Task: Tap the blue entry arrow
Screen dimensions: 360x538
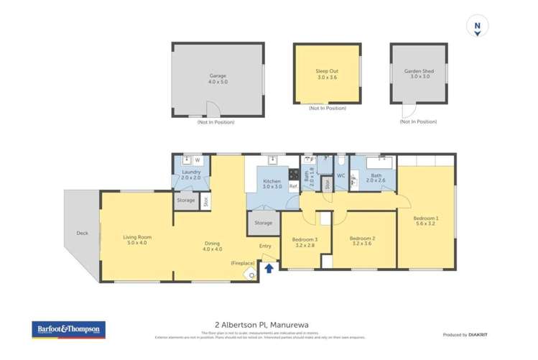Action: [269, 269]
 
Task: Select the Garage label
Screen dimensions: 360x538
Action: [218, 78]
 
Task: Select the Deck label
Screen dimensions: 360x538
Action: [82, 234]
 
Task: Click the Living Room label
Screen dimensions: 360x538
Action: [136, 240]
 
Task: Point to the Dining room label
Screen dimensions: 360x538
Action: [212, 246]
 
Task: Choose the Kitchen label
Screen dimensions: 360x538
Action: [272, 183]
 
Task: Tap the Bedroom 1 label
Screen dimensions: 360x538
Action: [426, 221]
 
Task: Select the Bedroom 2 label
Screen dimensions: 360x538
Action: [363, 241]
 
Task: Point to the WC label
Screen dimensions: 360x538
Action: [341, 175]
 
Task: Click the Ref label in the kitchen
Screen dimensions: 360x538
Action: [293, 186]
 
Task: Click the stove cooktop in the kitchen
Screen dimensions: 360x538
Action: [293, 174]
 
